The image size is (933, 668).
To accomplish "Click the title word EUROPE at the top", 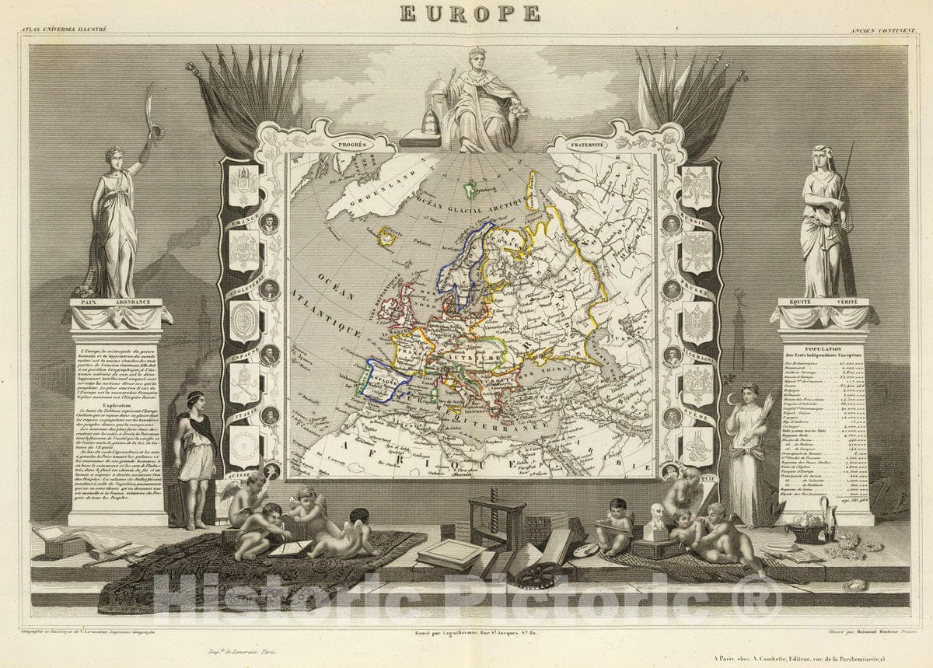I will click(x=470, y=13).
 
